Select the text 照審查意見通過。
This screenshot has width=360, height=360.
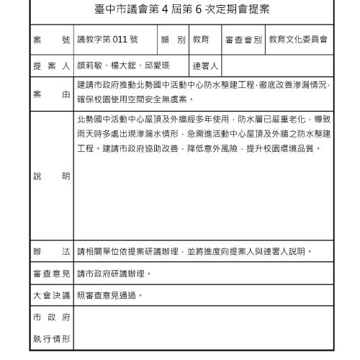pyautogui.click(x=110, y=295)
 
